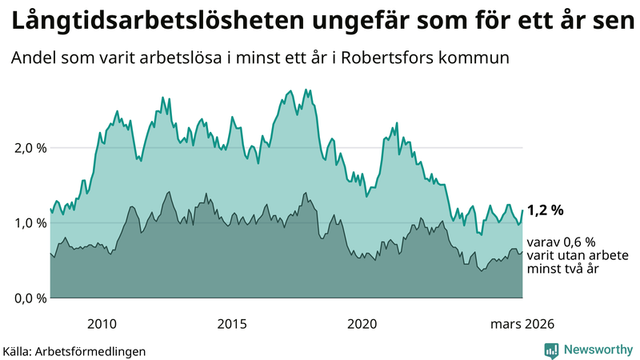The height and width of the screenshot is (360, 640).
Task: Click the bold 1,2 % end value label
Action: (546, 210)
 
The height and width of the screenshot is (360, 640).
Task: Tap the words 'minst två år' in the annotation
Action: (564, 270)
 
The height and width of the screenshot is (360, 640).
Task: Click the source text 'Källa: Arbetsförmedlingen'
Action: (74, 350)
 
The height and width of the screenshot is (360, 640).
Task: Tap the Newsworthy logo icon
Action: (551, 350)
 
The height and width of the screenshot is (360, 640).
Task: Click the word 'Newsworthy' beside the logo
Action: (598, 350)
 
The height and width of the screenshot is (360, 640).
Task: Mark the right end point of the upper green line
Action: (522, 210)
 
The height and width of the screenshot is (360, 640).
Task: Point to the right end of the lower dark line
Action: (522, 252)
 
